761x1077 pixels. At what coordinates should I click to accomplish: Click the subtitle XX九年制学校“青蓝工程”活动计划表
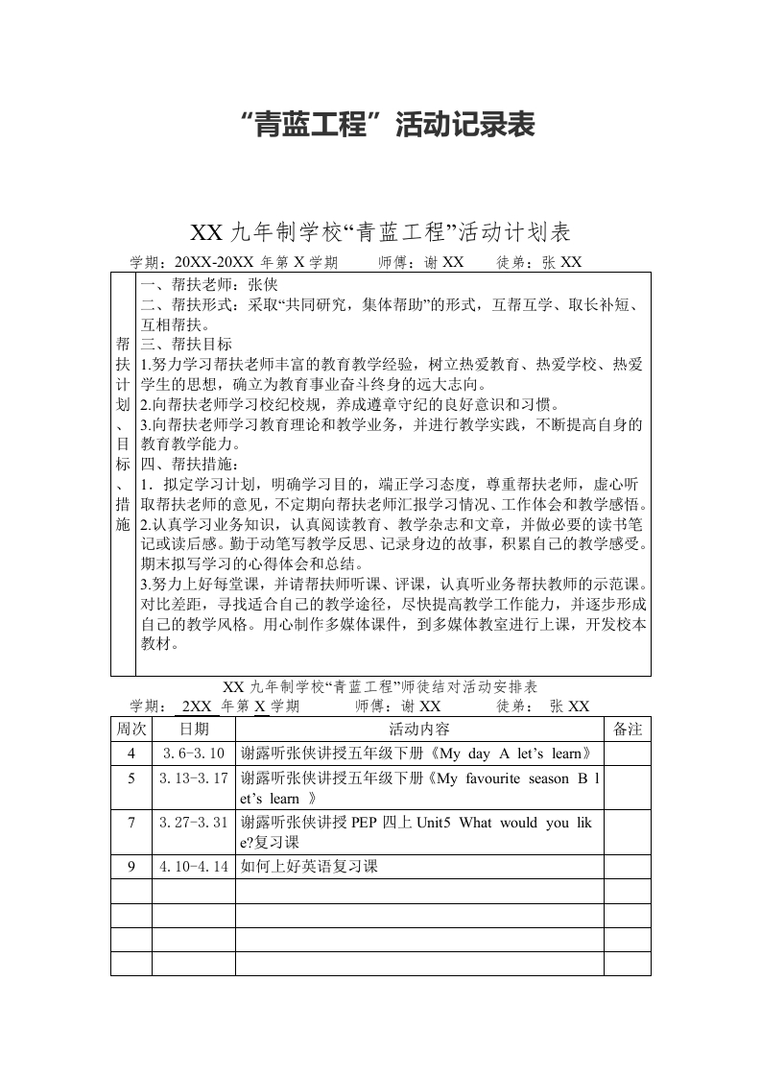pos(381,232)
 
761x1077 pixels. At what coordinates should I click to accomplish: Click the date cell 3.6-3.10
pos(194,753)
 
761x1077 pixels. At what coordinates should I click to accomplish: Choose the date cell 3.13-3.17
pos(194,778)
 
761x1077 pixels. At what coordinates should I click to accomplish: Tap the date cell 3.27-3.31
pos(194,822)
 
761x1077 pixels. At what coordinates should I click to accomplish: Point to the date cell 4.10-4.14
pos(194,866)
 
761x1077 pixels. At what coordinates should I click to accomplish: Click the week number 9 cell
pos(131,866)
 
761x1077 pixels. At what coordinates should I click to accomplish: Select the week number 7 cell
pos(131,822)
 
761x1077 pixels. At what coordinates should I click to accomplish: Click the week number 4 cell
pos(131,753)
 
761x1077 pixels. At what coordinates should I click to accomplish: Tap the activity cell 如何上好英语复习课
pos(310,866)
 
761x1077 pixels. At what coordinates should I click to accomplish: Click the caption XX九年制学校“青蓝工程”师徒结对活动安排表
pos(380,687)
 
